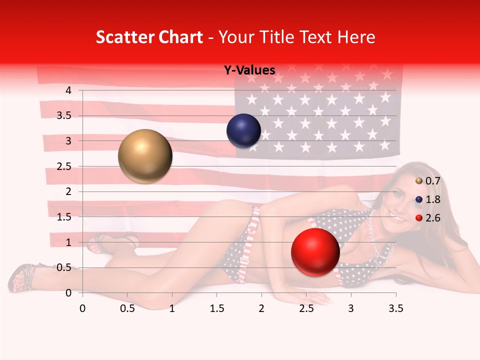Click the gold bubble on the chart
tap(145, 156)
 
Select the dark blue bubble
tap(243, 131)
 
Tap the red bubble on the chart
tap(315, 252)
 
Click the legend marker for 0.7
tap(419, 181)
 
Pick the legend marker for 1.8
tap(419, 199)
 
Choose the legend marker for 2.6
tap(419, 217)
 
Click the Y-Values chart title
tap(249, 70)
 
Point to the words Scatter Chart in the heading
tap(149, 37)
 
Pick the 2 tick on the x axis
tap(261, 308)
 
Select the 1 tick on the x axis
tap(172, 308)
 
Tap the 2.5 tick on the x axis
tap(306, 308)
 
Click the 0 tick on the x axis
tap(82, 308)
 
